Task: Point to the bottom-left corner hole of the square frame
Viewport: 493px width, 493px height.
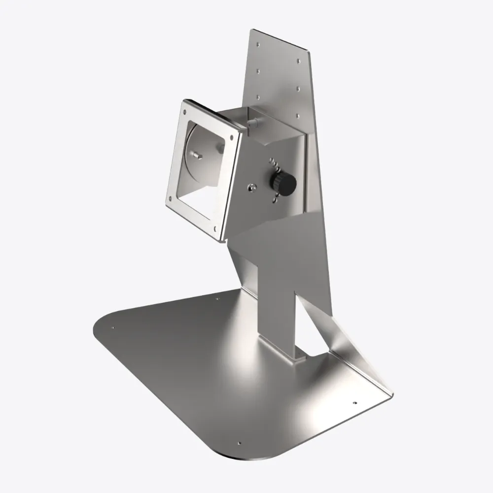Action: click(x=171, y=199)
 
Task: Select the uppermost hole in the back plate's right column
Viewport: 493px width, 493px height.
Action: click(x=299, y=62)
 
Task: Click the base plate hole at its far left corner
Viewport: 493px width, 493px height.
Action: click(x=113, y=327)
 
